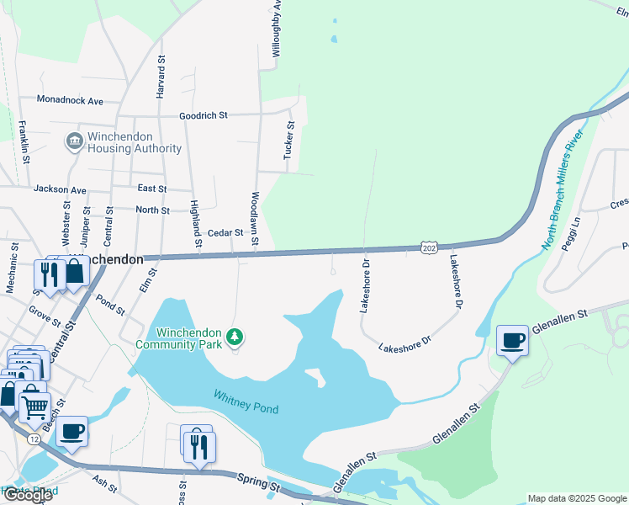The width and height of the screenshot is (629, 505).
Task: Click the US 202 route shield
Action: pyautogui.click(x=430, y=247)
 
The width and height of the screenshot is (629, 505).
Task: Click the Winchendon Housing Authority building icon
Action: pyautogui.click(x=74, y=140)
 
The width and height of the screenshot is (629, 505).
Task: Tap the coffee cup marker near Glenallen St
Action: pyautogui.click(x=512, y=341)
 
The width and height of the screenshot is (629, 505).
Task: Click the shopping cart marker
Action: pyautogui.click(x=34, y=408)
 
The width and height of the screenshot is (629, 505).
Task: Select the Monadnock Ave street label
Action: pyautogui.click(x=70, y=100)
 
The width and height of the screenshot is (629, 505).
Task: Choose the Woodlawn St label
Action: pyautogui.click(x=255, y=220)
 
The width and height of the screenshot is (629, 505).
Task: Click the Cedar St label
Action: pyautogui.click(x=225, y=232)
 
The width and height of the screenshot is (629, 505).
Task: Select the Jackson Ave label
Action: pyautogui.click(x=61, y=190)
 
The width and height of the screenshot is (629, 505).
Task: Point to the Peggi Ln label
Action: pyautogui.click(x=576, y=231)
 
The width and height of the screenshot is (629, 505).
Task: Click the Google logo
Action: pyautogui.click(x=27, y=495)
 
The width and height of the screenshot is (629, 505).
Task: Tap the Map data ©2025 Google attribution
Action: pyautogui.click(x=576, y=498)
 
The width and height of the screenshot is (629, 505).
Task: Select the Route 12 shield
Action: pyautogui.click(x=34, y=439)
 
